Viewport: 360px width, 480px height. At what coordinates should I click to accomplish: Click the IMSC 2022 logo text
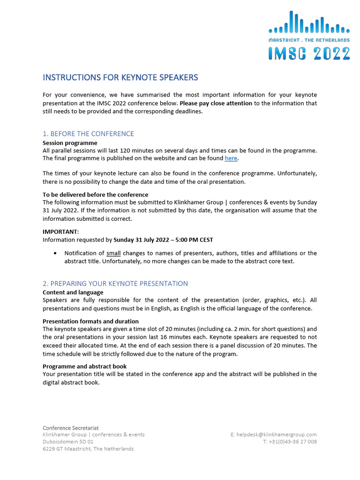pyautogui.click(x=309, y=53)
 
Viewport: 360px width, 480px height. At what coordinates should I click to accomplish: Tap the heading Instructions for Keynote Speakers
pyautogui.click(x=120, y=77)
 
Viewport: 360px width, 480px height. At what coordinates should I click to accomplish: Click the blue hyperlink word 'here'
pyautogui.click(x=231, y=158)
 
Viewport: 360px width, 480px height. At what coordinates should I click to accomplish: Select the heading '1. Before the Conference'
pyautogui.click(x=88, y=134)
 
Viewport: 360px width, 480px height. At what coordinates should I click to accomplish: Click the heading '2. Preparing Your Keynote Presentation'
pyautogui.click(x=115, y=284)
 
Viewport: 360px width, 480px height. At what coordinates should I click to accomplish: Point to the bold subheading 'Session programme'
pyautogui.click(x=70, y=143)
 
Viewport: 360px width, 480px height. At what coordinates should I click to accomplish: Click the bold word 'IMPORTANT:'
pyautogui.click(x=61, y=232)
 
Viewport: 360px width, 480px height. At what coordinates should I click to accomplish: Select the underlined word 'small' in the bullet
pyautogui.click(x=113, y=253)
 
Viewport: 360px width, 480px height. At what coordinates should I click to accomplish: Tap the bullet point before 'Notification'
pyautogui.click(x=56, y=253)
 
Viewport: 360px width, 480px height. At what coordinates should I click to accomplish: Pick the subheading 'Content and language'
pyautogui.click(x=73, y=292)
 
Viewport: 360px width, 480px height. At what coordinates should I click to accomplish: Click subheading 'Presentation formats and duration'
pyautogui.click(x=90, y=322)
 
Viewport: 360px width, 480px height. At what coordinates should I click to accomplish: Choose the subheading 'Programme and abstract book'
pyautogui.click(x=84, y=366)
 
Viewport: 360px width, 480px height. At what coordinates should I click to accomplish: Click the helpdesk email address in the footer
pyautogui.click(x=277, y=435)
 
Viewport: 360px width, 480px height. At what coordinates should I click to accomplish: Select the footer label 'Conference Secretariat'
pyautogui.click(x=71, y=428)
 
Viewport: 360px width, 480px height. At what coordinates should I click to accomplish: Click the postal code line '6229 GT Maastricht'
pyautogui.click(x=88, y=449)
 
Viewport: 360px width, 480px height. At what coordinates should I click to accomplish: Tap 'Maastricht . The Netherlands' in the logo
pyautogui.click(x=309, y=40)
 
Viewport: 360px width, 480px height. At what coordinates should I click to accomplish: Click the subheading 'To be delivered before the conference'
pyautogui.click(x=95, y=195)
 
